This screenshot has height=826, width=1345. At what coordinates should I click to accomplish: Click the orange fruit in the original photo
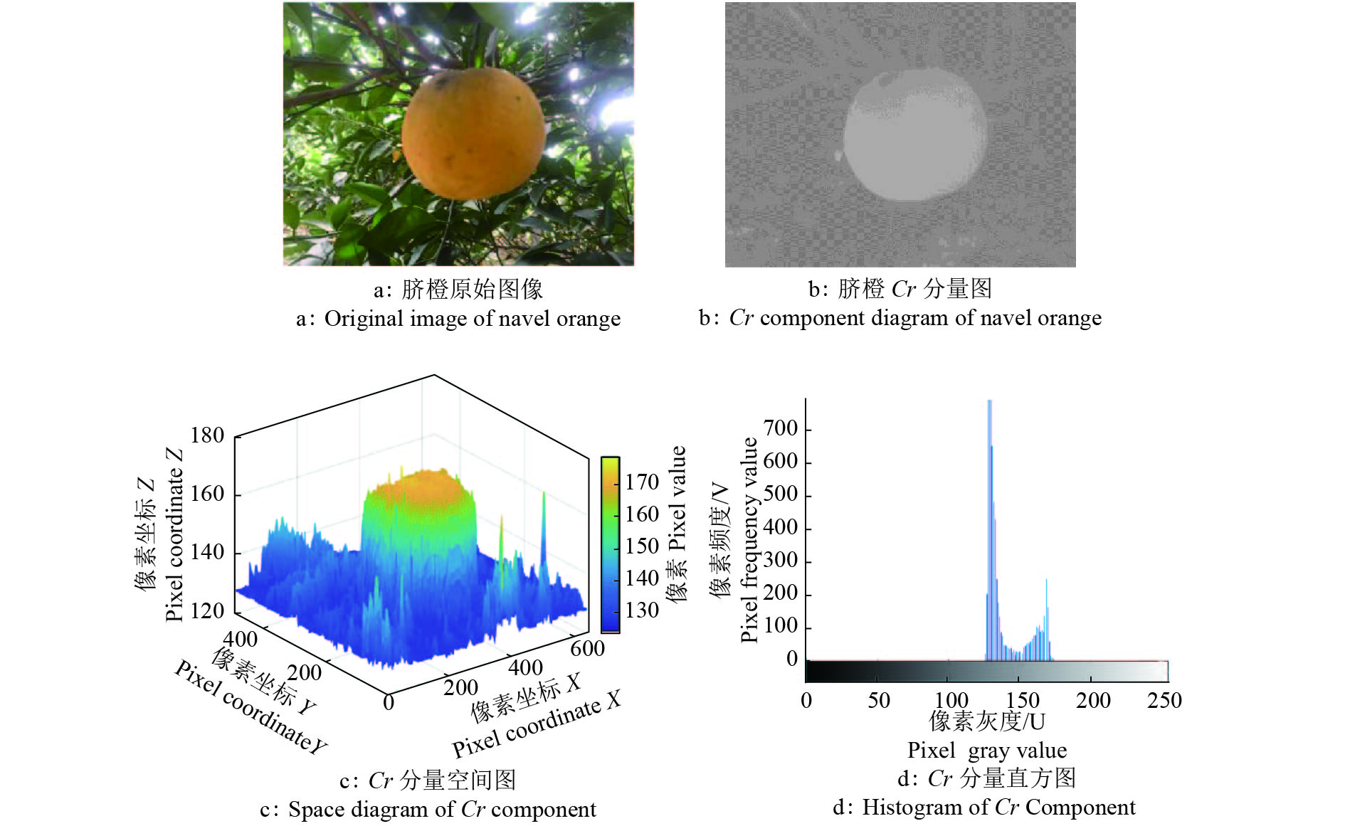click(474, 134)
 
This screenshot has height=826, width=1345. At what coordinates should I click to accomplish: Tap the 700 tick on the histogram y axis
click(781, 428)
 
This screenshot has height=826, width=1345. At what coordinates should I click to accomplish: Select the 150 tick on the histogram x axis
click(1022, 700)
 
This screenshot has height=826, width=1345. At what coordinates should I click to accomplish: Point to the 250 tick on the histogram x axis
click(1164, 700)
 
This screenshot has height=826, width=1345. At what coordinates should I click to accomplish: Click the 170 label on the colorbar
click(642, 482)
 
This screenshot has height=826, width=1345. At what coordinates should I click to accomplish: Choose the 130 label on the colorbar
click(642, 610)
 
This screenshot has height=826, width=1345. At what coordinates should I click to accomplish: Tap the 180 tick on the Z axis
click(207, 435)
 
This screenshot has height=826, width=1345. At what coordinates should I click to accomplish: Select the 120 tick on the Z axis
click(207, 610)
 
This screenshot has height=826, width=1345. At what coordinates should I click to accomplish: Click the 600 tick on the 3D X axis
click(587, 649)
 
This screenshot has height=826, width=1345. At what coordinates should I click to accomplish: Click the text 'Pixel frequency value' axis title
click(749, 541)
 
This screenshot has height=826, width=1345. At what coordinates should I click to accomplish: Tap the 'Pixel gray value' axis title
click(986, 751)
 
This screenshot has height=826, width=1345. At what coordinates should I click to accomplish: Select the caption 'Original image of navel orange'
click(472, 319)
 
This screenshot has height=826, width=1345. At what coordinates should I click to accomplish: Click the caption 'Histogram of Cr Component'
click(998, 808)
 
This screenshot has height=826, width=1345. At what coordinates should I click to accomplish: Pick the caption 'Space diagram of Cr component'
click(441, 810)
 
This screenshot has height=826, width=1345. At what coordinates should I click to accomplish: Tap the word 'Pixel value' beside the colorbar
click(678, 498)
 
